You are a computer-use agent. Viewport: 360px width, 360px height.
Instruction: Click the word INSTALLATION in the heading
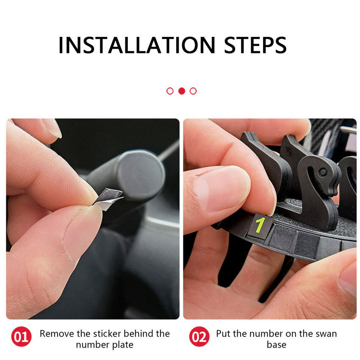[137, 45]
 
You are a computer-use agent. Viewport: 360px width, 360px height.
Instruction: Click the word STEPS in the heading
[255, 45]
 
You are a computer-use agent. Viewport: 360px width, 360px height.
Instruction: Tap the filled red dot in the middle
[182, 91]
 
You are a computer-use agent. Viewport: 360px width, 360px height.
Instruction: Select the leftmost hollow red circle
[170, 91]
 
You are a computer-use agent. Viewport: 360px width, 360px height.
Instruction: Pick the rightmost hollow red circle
[193, 91]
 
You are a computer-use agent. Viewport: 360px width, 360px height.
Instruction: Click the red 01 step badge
[21, 337]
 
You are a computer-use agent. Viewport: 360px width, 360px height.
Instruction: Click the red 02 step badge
[199, 337]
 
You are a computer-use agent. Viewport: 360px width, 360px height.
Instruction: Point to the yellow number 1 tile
[260, 226]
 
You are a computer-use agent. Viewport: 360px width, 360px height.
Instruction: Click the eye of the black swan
[323, 172]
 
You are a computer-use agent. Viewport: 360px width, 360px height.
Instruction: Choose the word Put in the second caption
[223, 334]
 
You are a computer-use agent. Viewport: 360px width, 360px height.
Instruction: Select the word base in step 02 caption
[277, 345]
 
